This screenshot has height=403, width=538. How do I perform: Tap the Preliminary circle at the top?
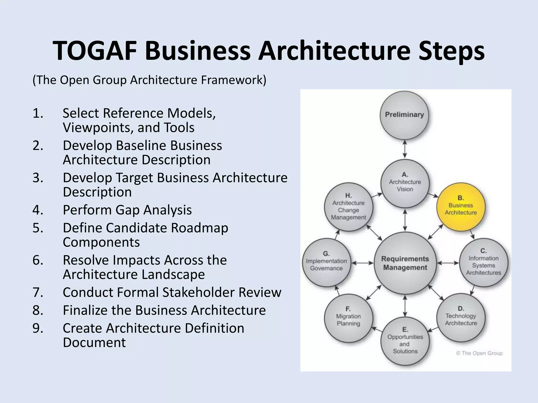404,115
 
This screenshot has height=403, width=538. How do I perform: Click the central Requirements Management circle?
405,263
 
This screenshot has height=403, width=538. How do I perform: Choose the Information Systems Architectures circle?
483,263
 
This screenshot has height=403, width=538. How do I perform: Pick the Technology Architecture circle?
461,317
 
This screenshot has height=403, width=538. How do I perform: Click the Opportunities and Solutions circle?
405,341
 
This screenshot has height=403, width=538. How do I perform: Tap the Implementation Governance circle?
326,263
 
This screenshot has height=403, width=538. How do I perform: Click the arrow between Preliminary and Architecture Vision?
405,149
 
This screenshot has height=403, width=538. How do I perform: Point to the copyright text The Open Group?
479,353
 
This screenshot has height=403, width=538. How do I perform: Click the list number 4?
38,210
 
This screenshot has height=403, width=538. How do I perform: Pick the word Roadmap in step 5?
199,228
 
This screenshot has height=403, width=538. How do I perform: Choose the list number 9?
38,328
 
